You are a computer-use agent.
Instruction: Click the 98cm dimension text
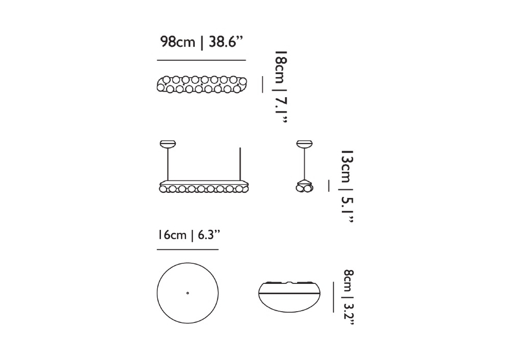point(178,42)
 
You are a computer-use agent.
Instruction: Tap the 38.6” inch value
point(226,42)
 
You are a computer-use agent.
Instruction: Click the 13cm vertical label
point(347,167)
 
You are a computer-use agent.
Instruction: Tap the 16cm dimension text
point(172,235)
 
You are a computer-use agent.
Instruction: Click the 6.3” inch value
point(209,235)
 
